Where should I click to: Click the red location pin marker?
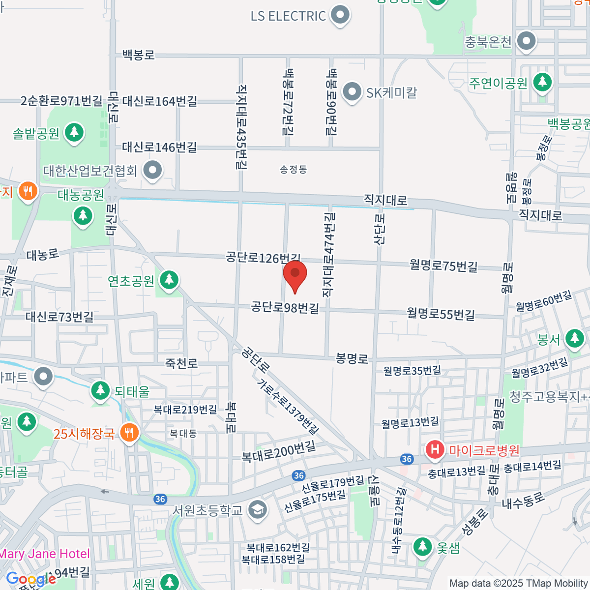(x=295, y=274)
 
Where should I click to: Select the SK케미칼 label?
(x=391, y=92)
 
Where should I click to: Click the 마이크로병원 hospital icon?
(x=435, y=450)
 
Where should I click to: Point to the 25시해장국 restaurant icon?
(x=129, y=433)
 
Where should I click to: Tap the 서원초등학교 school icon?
(x=257, y=510)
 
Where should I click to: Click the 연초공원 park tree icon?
(x=169, y=280)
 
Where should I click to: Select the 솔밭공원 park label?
(x=36, y=133)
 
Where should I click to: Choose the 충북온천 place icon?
(x=527, y=41)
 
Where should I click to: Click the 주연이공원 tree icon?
(x=542, y=82)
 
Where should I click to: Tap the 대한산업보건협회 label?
(x=90, y=171)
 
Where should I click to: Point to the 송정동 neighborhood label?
(x=294, y=170)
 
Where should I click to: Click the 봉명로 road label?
(x=352, y=358)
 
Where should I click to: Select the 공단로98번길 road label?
(x=285, y=308)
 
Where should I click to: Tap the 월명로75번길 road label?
(x=443, y=265)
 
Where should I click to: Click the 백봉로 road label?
(x=138, y=55)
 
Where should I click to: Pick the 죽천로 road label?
(x=181, y=363)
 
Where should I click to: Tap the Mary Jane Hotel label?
(x=45, y=554)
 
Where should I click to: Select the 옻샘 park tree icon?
(x=422, y=547)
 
